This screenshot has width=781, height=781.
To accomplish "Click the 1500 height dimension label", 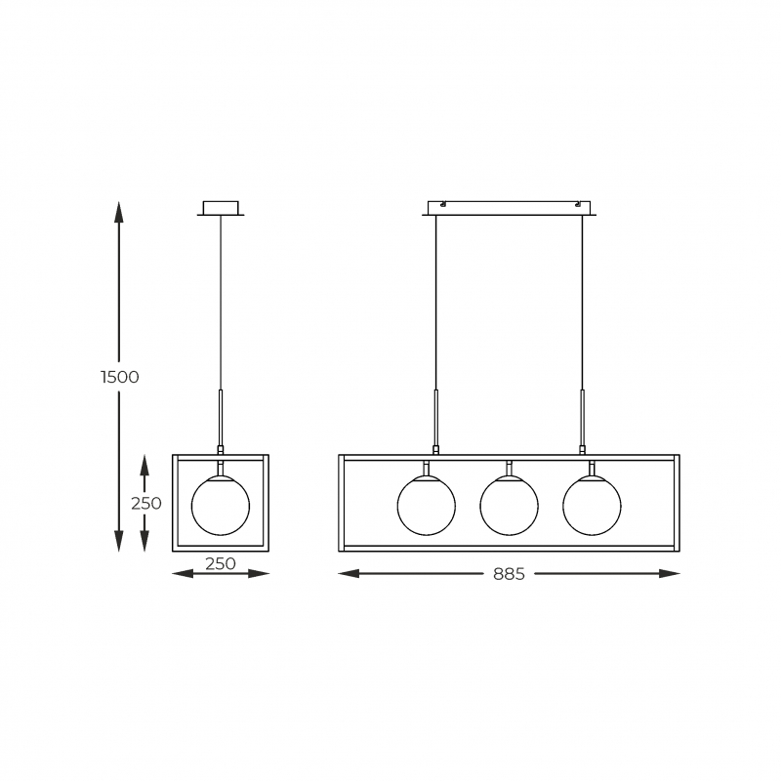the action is pyautogui.click(x=119, y=377).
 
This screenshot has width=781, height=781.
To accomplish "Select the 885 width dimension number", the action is pyautogui.click(x=509, y=574).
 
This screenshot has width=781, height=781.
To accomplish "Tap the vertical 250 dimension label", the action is pyautogui.click(x=146, y=504).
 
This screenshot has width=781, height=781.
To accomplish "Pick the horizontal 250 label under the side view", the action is pyautogui.click(x=221, y=564).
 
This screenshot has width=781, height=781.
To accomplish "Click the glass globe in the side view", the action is pyautogui.click(x=221, y=506).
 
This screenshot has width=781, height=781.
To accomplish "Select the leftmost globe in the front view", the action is pyautogui.click(x=427, y=506).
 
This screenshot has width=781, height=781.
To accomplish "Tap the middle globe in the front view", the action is pyautogui.click(x=509, y=506).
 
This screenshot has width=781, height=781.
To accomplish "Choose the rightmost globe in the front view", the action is pyautogui.click(x=592, y=506).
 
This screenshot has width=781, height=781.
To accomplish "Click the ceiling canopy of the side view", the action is pyautogui.click(x=221, y=208).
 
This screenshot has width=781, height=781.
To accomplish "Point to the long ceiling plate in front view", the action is pyautogui.click(x=509, y=208).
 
